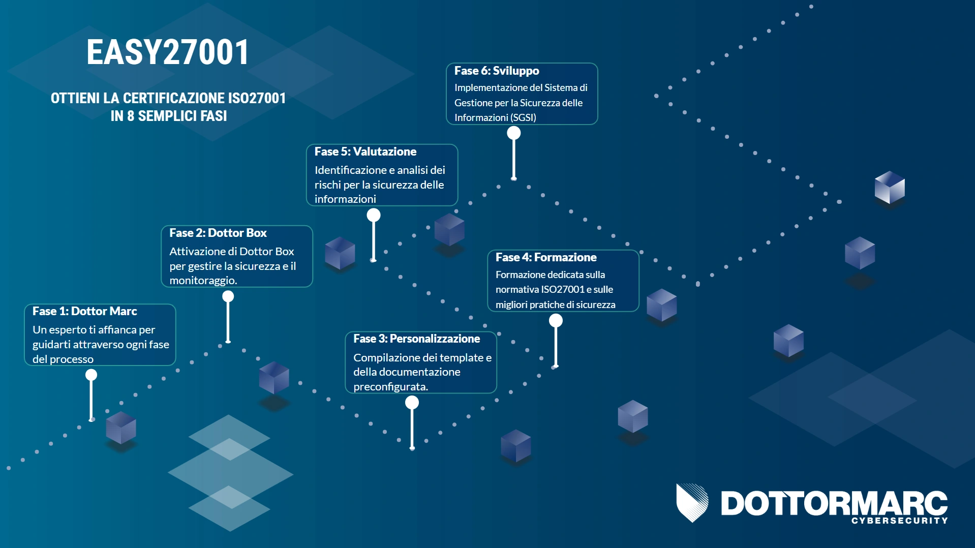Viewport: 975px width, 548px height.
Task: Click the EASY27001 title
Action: tap(167, 52)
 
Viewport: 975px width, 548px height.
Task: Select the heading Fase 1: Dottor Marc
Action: tap(85, 311)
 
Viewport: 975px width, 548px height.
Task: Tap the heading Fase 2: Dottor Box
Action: tap(218, 233)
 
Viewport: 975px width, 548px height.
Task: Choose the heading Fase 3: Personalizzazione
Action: tap(416, 339)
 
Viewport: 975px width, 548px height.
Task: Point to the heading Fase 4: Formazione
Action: tap(546, 257)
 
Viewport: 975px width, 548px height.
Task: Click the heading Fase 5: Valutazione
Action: tap(365, 151)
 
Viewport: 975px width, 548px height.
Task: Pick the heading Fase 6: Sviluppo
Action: tap(497, 71)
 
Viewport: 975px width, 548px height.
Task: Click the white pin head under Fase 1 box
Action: tap(91, 375)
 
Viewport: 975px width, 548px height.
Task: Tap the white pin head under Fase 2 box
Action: tap(228, 296)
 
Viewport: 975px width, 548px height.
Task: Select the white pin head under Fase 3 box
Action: tap(412, 403)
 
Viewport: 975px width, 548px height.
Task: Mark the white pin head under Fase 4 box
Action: tap(556, 320)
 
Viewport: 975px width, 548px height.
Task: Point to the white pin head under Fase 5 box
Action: tap(374, 215)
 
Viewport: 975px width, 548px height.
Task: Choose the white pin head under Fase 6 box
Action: tap(514, 133)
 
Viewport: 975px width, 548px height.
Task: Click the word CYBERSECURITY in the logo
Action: tap(900, 521)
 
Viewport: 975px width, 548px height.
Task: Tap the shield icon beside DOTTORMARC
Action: tap(692, 503)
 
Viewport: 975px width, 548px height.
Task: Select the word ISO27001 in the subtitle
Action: tap(257, 98)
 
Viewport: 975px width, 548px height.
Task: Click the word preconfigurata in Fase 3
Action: tap(390, 387)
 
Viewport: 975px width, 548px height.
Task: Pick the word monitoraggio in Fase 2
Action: tap(203, 281)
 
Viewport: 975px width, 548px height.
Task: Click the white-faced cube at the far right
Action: tap(890, 188)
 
